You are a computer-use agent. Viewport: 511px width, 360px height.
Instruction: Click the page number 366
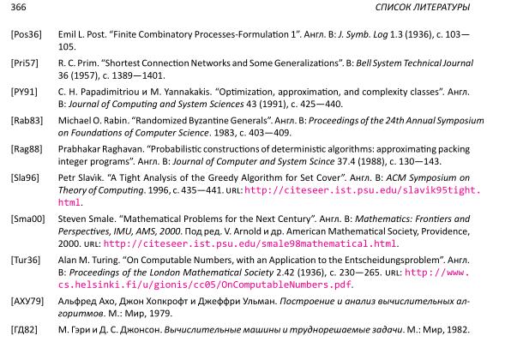[10, 9]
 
